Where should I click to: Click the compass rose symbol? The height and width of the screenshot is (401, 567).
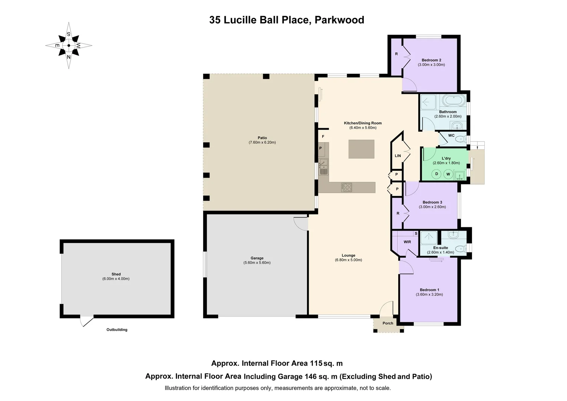(x=69, y=46)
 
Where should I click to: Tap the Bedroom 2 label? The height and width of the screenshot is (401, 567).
(x=431, y=60)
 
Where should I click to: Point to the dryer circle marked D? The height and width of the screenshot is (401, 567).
(x=436, y=174)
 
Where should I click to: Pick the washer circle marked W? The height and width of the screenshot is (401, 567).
(x=448, y=174)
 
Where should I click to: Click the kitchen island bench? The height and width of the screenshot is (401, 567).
(x=361, y=149)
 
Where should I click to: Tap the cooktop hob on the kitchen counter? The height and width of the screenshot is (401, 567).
(x=347, y=188)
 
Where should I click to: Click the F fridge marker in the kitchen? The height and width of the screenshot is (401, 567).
(x=323, y=137)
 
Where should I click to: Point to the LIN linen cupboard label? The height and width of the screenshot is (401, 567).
(x=398, y=156)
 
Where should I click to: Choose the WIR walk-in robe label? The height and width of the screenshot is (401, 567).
(x=407, y=242)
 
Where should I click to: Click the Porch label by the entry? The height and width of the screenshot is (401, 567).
(x=388, y=323)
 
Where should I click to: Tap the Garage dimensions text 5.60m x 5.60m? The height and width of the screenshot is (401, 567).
(x=257, y=263)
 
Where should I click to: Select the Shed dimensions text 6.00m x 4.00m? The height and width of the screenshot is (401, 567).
(x=116, y=279)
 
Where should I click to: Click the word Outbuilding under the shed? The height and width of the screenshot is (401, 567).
(x=117, y=330)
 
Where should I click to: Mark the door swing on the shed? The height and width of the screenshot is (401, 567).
(x=87, y=321)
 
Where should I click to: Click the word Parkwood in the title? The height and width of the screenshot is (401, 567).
(x=339, y=20)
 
